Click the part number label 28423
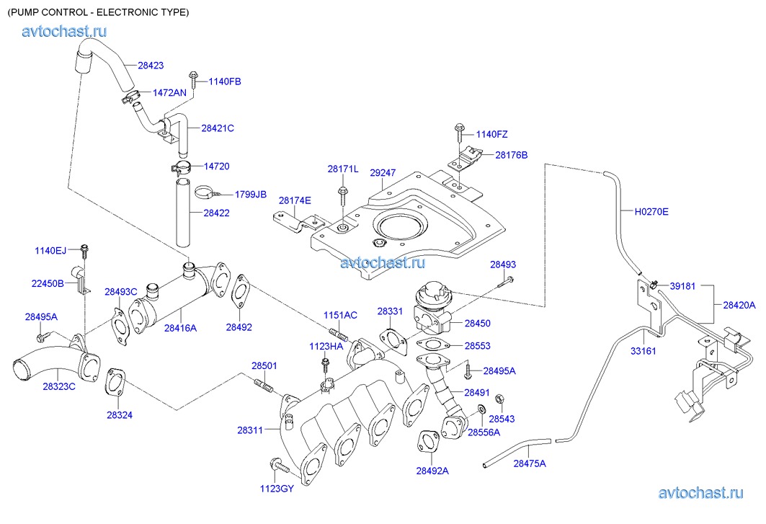pos(151,66)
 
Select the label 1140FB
pos(225,81)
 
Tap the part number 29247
pos(383,173)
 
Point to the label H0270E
pos(651,212)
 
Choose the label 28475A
pos(530,463)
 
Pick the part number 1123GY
pos(277,489)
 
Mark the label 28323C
pos(59,387)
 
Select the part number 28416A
pos(180,328)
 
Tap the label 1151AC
pos(340,316)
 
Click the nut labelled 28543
pos(499,400)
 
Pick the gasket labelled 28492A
pos(428,441)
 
